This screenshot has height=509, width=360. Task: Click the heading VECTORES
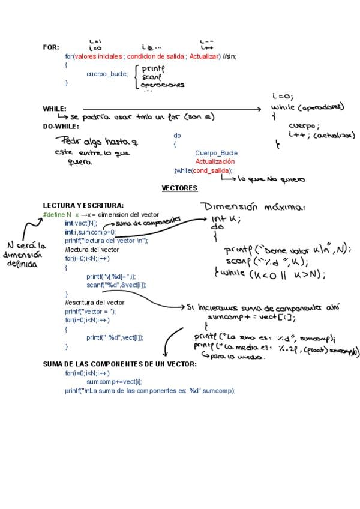pos(179,188)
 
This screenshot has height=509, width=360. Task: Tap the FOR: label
pos(51,47)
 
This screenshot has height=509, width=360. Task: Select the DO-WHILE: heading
pos(61,127)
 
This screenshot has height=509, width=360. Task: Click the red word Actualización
pos(215,162)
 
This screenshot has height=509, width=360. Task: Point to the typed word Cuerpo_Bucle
pos(216,153)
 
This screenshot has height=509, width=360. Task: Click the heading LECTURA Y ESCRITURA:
pos(83,205)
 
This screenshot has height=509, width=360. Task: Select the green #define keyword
pos(54,214)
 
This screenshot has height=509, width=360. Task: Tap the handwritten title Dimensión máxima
pos(254,207)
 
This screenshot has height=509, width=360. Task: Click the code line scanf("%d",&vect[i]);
pos(116,285)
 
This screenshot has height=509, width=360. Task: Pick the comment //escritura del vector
pos(95,303)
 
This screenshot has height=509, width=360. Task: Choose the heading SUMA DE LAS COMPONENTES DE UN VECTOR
pos(119,364)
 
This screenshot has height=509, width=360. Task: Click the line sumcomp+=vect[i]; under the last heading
pos(114,382)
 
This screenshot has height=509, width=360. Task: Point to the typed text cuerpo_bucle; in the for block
pos(107,74)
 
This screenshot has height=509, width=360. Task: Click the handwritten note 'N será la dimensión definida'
pos(25,254)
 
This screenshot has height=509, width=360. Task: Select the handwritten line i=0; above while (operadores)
pos(282,95)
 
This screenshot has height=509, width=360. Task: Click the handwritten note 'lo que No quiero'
pos(271,179)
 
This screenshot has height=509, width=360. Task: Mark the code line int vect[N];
pos(81,223)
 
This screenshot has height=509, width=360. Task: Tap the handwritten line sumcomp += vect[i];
pos(260,318)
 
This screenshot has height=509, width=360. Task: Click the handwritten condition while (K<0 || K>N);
pos(270,274)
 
